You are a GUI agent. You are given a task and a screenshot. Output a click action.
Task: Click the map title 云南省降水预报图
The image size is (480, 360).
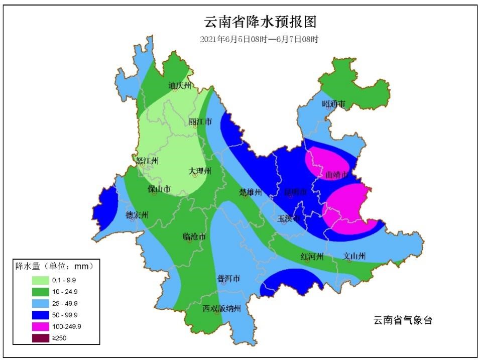coord(261,22)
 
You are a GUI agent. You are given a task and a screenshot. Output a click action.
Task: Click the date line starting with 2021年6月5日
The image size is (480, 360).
coord(259,39)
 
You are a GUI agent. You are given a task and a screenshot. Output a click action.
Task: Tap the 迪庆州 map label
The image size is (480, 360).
coord(179,85)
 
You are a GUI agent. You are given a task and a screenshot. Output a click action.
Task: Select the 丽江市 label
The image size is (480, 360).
coord(200,122)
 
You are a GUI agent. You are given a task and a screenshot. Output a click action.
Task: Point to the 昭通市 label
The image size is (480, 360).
coord(334,104)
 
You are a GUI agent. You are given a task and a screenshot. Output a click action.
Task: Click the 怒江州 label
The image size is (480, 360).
coord(148,161)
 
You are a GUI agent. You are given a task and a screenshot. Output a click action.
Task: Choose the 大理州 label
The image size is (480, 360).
coord(200,172)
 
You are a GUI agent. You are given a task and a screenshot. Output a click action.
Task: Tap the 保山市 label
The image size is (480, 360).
coord(159,189)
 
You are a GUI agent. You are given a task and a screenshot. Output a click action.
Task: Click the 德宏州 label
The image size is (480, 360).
coord(137,215)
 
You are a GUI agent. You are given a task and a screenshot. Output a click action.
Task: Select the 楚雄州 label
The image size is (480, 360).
coord(250,192)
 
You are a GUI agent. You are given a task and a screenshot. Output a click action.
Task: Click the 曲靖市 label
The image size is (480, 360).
coord(336,175)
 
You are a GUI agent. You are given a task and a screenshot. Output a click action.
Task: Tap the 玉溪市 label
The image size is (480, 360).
coord(290,218)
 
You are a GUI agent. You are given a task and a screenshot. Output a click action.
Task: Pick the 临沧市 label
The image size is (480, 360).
coord(194,236)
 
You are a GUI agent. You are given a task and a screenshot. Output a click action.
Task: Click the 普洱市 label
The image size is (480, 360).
coord(228,279)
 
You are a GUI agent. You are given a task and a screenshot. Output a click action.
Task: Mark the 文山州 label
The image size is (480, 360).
coord(354,256)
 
